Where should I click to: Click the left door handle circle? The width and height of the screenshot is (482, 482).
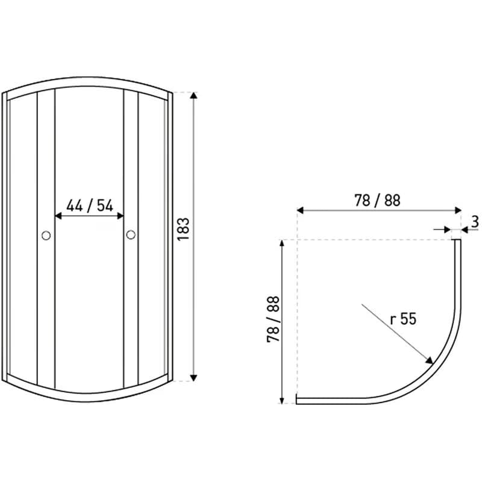[46, 236]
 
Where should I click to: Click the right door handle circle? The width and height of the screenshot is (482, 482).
[131, 235]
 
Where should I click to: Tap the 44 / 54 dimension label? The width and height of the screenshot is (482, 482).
[90, 206]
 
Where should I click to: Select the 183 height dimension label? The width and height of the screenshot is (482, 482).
[184, 230]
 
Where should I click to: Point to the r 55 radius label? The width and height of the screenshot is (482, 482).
[403, 319]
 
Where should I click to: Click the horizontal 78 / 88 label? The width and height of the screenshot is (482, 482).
[378, 201]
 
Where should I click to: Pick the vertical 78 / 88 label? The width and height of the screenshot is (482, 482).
[273, 319]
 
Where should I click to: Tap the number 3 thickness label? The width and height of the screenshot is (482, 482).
[475, 222]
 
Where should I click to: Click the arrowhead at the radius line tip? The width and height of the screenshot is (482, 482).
[429, 360]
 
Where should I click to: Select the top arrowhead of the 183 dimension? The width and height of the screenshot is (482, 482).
[193, 95]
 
